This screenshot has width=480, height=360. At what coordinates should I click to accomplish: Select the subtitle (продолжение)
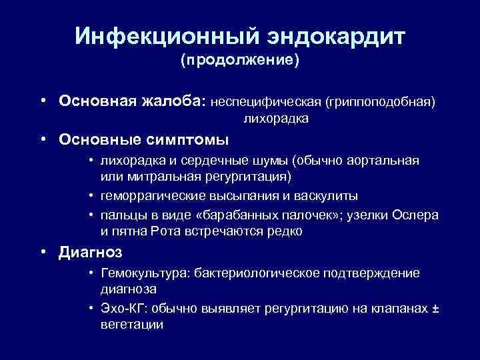click(239, 61)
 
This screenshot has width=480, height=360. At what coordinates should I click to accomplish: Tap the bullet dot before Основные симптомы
click(42, 140)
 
